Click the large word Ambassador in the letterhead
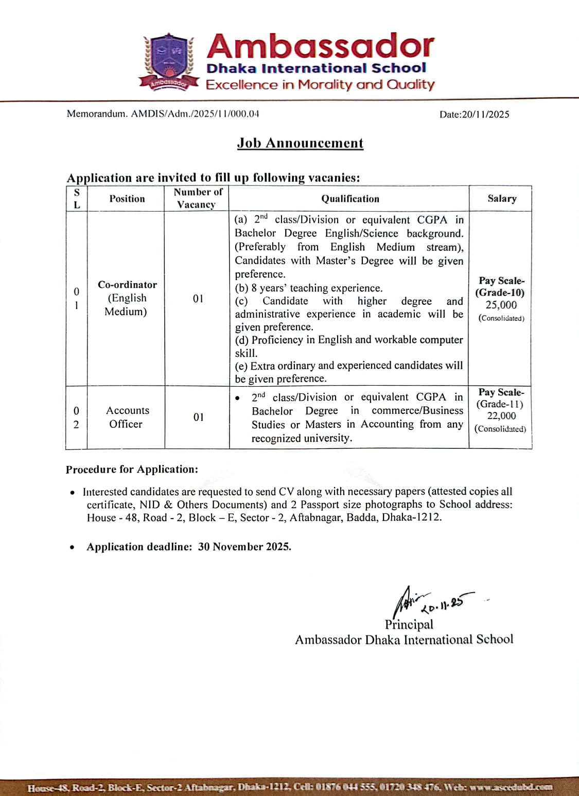point(320,46)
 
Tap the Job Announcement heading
point(300,143)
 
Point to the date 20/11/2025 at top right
point(485,114)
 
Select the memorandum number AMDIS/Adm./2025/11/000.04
point(195,114)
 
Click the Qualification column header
point(350,199)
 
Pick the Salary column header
point(502,199)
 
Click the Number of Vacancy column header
point(198,198)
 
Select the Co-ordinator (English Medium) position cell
point(127,298)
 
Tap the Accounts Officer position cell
point(127,417)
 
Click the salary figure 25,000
point(501,305)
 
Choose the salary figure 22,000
point(501,416)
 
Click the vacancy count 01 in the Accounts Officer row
point(198,417)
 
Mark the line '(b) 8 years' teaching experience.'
point(309,288)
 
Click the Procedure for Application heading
point(132,470)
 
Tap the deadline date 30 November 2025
point(244,547)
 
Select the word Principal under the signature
point(409,625)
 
